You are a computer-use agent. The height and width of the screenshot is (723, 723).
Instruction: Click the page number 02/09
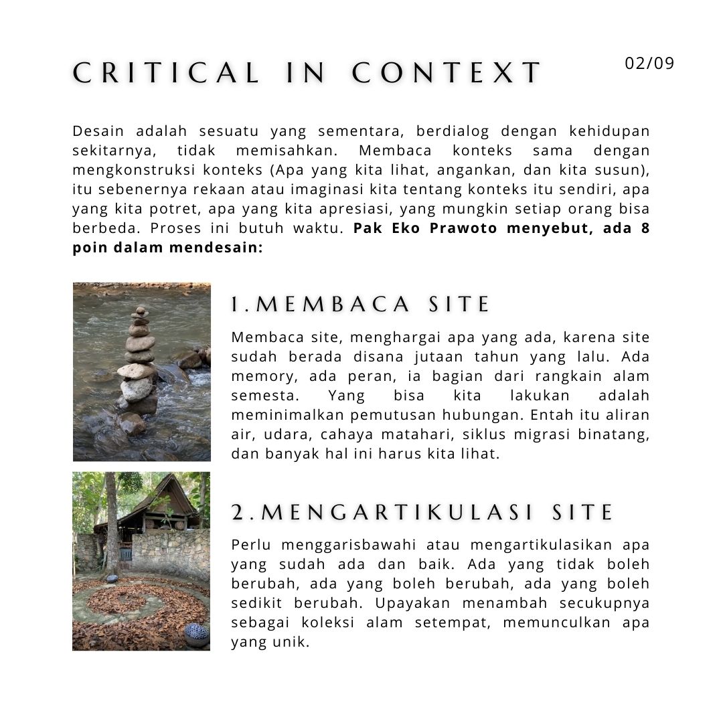tap(649, 64)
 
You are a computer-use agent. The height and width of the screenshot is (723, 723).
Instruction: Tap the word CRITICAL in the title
tap(166, 73)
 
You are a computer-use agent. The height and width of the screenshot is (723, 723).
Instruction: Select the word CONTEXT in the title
tap(447, 73)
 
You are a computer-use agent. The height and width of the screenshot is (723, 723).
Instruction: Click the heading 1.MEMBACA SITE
tap(361, 305)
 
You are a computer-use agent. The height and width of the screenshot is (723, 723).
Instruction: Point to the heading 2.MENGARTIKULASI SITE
tap(422, 513)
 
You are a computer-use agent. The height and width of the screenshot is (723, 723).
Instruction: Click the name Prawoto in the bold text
tap(464, 228)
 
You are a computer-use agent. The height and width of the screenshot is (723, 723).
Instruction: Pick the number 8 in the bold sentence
tap(645, 228)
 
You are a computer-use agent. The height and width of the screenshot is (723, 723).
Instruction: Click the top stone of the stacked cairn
tap(140, 310)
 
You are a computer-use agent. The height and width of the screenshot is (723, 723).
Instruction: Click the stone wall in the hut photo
tap(173, 552)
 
